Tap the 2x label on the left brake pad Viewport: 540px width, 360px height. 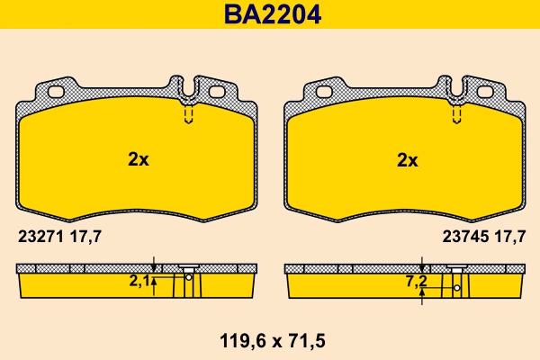138,160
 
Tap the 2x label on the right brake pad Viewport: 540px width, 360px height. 408,160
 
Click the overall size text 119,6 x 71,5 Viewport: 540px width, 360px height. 270,342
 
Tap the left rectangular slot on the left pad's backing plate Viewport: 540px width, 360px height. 54,91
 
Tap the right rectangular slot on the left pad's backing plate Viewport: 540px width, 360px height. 216,91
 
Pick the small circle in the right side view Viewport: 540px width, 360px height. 457,288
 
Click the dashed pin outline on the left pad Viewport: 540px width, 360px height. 189,115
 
